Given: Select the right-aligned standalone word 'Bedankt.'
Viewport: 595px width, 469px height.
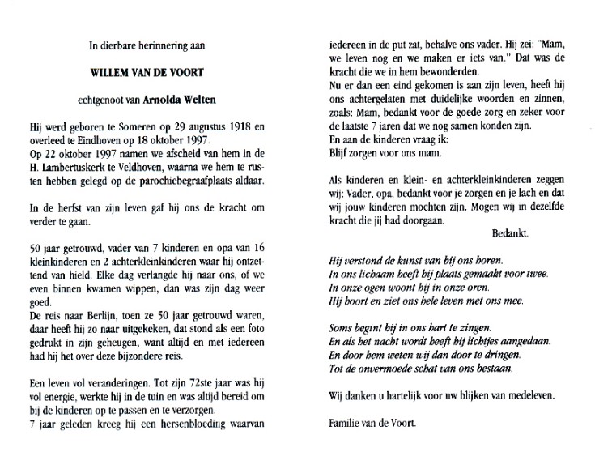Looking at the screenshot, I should (x=511, y=231).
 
